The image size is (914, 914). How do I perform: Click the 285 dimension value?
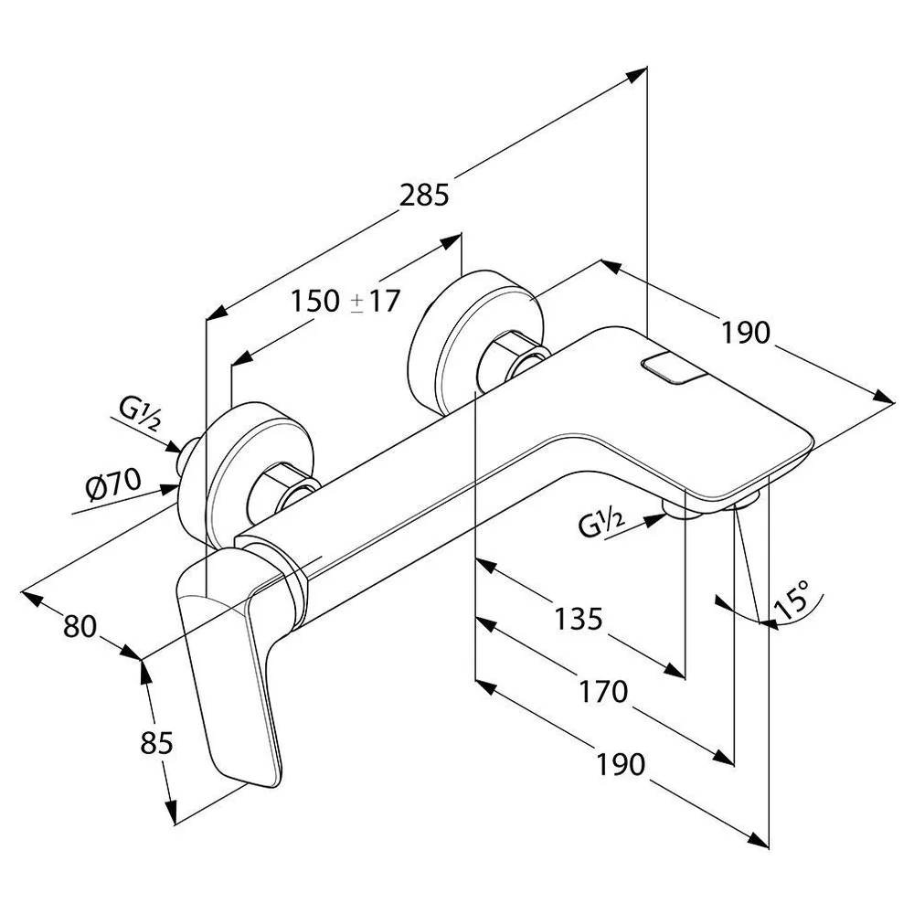[x=424, y=196]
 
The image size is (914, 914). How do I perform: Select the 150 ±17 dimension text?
[x=345, y=302]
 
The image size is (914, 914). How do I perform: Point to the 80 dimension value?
[x=80, y=627]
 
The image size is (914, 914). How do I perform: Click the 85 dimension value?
[x=157, y=743]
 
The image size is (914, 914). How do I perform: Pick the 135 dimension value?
[x=578, y=619]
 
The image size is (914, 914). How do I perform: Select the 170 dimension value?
[x=603, y=692]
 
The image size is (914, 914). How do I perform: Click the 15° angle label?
[x=792, y=600]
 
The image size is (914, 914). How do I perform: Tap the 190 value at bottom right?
[x=621, y=764]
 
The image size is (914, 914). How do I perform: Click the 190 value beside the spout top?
[x=746, y=333]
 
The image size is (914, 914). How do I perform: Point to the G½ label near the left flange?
[x=139, y=413]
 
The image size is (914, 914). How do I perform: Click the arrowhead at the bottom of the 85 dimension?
[x=171, y=813]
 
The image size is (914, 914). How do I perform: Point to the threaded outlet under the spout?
[x=684, y=509]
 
